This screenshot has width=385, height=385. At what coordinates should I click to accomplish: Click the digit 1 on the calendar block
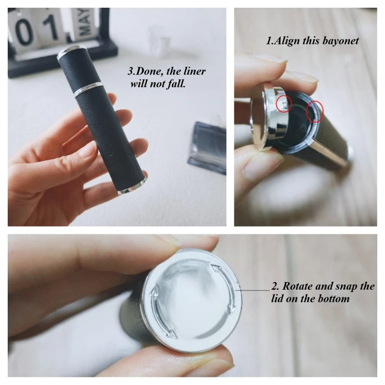(51, 27)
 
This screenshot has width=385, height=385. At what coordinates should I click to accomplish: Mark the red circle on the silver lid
(284, 104)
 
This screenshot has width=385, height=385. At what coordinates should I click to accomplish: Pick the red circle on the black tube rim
(315, 111)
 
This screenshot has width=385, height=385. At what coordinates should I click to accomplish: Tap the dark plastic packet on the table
(208, 148)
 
